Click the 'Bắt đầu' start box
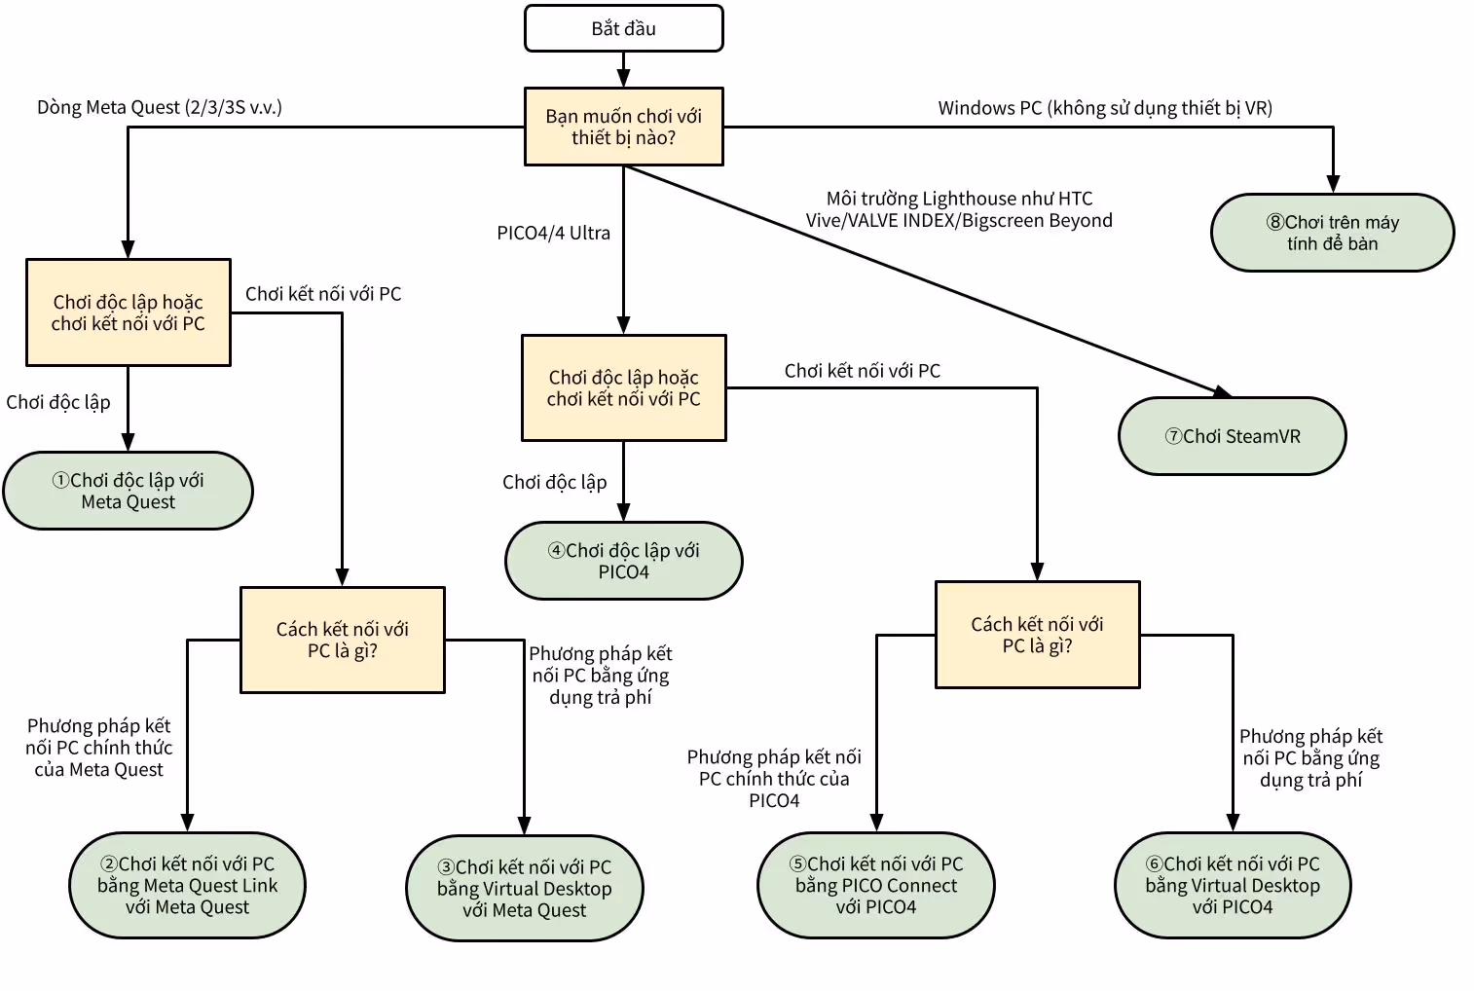(623, 28)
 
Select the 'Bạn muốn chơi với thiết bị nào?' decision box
(623, 127)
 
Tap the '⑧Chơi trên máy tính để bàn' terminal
(1332, 233)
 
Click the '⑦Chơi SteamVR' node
(1232, 436)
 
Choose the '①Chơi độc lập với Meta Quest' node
(128, 491)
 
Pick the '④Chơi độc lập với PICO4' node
(623, 561)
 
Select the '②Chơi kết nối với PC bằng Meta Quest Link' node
(187, 885)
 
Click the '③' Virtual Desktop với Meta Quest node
(524, 888)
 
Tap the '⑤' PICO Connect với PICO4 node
(875, 885)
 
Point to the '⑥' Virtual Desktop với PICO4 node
(1232, 885)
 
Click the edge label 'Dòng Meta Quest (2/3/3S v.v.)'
(160, 107)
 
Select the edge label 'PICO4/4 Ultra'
(553, 233)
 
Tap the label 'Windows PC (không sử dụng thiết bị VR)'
(1104, 108)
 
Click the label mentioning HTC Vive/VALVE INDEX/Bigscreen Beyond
(958, 209)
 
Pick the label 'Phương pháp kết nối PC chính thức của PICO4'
(774, 779)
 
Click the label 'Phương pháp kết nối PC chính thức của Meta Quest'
(98, 748)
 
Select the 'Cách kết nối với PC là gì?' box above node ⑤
(1037, 635)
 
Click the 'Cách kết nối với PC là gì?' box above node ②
(343, 640)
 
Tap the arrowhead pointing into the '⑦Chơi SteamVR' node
(1222, 391)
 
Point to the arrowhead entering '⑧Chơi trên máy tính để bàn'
(1332, 184)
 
